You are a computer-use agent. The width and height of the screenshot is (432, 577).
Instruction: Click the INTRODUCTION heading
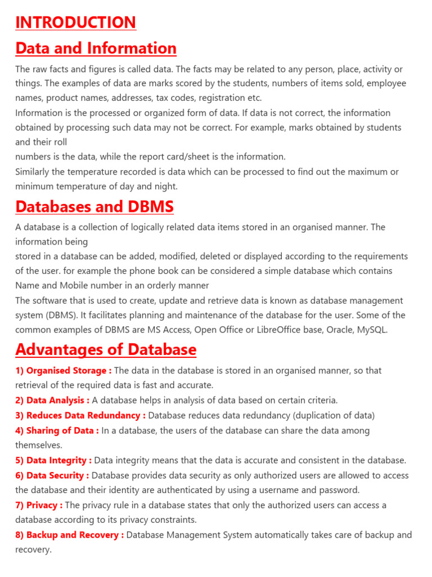click(75, 22)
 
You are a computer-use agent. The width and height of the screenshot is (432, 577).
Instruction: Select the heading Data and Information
click(96, 48)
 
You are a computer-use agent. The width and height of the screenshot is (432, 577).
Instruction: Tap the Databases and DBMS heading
click(94, 207)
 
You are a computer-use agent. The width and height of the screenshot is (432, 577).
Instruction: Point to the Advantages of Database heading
click(106, 349)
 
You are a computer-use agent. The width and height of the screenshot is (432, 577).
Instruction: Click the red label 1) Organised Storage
click(63, 370)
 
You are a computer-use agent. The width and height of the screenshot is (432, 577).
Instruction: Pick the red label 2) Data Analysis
click(52, 400)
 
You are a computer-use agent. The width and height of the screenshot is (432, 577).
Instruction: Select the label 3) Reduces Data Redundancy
click(80, 415)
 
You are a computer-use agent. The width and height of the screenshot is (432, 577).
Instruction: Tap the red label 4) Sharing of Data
click(57, 430)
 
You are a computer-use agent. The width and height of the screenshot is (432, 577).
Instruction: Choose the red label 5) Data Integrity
click(53, 460)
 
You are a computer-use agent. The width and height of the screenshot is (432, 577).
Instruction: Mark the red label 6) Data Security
click(53, 476)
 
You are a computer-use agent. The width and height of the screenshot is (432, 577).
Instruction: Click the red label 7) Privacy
click(39, 505)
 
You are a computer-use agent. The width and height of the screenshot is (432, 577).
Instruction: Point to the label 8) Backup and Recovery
click(69, 535)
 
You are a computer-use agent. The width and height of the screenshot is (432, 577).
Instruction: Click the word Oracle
click(338, 330)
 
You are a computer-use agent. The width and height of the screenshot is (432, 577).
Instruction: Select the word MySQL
click(371, 330)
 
